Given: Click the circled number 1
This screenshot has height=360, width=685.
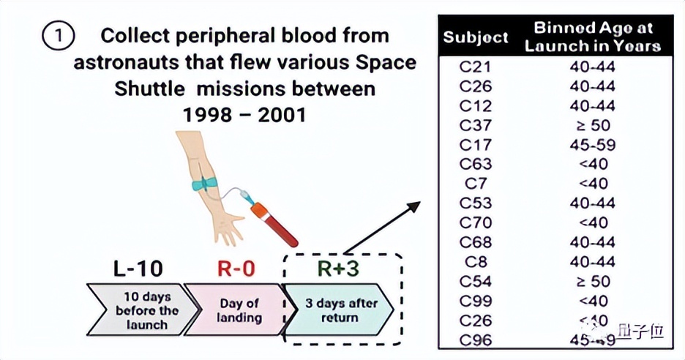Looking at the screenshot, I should pyautogui.click(x=59, y=36).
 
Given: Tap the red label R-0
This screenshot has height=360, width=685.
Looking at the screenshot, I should pyautogui.click(x=236, y=269).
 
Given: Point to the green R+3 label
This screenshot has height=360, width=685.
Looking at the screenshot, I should pyautogui.click(x=338, y=269).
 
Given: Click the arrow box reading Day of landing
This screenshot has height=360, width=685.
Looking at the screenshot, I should pyautogui.click(x=238, y=310).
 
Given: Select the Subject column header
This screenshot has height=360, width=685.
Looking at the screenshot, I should pyautogui.click(x=475, y=37).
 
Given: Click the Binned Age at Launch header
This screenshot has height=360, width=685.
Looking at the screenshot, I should pyautogui.click(x=592, y=37).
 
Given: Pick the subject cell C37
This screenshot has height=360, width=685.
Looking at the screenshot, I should pyautogui.click(x=475, y=125).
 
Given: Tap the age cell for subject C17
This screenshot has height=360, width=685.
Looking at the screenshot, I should pyautogui.click(x=592, y=145).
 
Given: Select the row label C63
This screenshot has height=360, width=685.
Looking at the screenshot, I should pyautogui.click(x=475, y=164).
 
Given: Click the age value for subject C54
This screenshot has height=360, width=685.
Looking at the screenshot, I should pyautogui.click(x=592, y=281).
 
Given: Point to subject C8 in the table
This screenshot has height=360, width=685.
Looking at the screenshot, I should pyautogui.click(x=475, y=262).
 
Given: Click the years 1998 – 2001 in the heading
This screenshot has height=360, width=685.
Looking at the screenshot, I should pyautogui.click(x=244, y=115).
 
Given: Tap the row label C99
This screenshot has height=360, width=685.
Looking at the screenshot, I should pyautogui.click(x=475, y=301).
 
